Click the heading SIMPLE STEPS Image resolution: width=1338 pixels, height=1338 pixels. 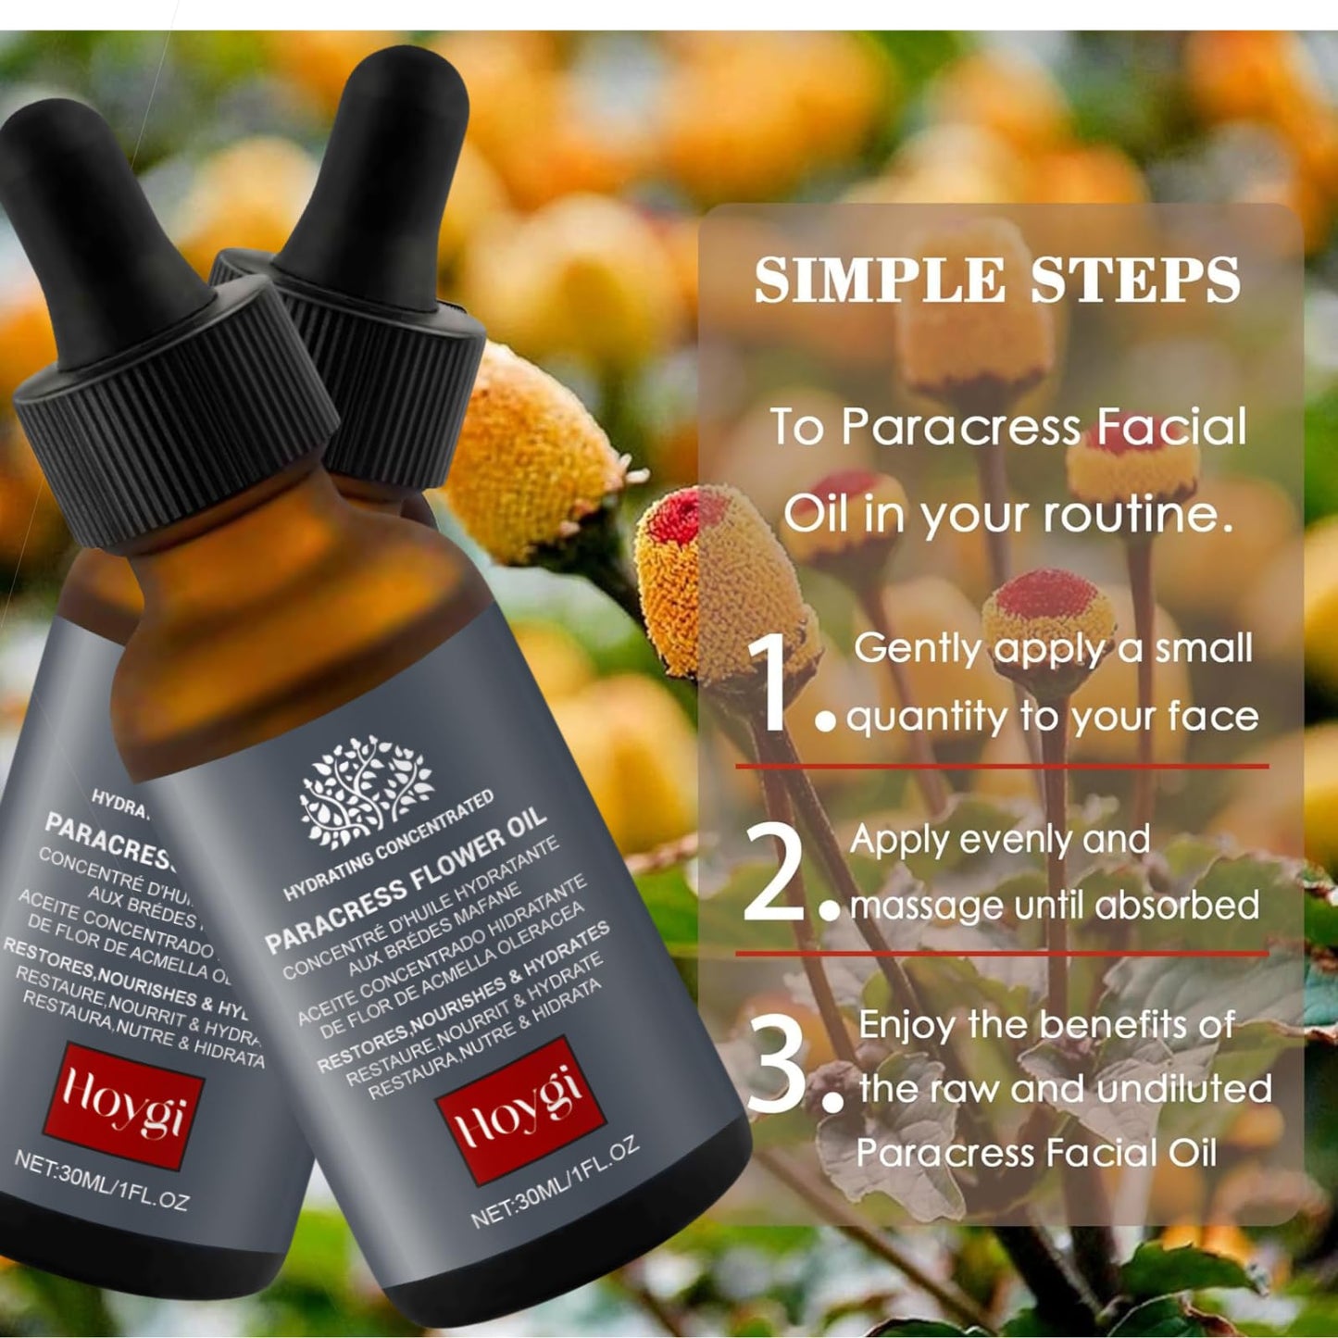(997, 280)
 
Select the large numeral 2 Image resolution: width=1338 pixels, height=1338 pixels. (774, 872)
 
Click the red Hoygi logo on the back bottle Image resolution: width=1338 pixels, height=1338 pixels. (122, 1103)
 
